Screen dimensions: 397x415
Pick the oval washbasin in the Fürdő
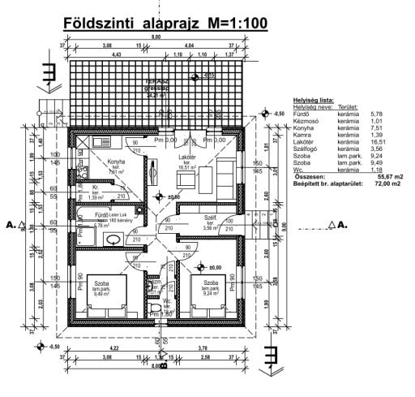tap(113, 239)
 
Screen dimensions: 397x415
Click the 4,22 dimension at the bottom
tap(113, 350)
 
